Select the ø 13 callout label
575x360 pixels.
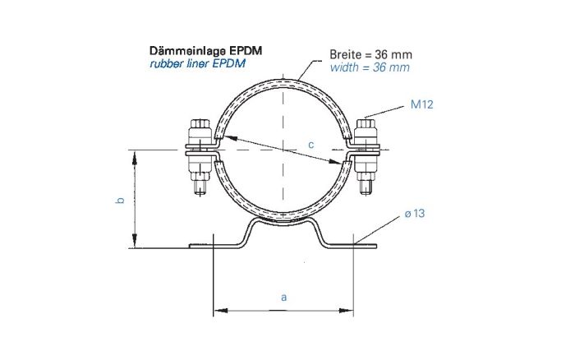point(414,214)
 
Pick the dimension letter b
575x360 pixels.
point(120,200)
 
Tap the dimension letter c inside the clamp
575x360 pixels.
point(311,145)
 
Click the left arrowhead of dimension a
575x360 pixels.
point(218,311)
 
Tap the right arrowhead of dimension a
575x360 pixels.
point(350,311)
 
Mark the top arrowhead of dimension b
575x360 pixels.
point(131,154)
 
